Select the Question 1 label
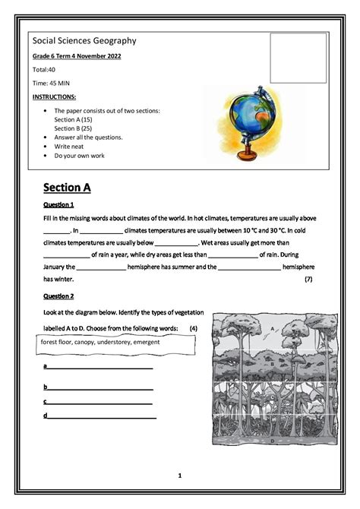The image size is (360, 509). (58, 205)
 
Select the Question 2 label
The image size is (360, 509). (58, 296)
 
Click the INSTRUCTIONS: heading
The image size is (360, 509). (55, 98)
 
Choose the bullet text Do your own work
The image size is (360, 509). (79, 156)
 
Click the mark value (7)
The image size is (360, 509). (308, 280)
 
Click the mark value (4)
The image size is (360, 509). (194, 328)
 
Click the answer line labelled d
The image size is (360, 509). (100, 416)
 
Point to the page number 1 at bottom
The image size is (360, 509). (180, 476)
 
